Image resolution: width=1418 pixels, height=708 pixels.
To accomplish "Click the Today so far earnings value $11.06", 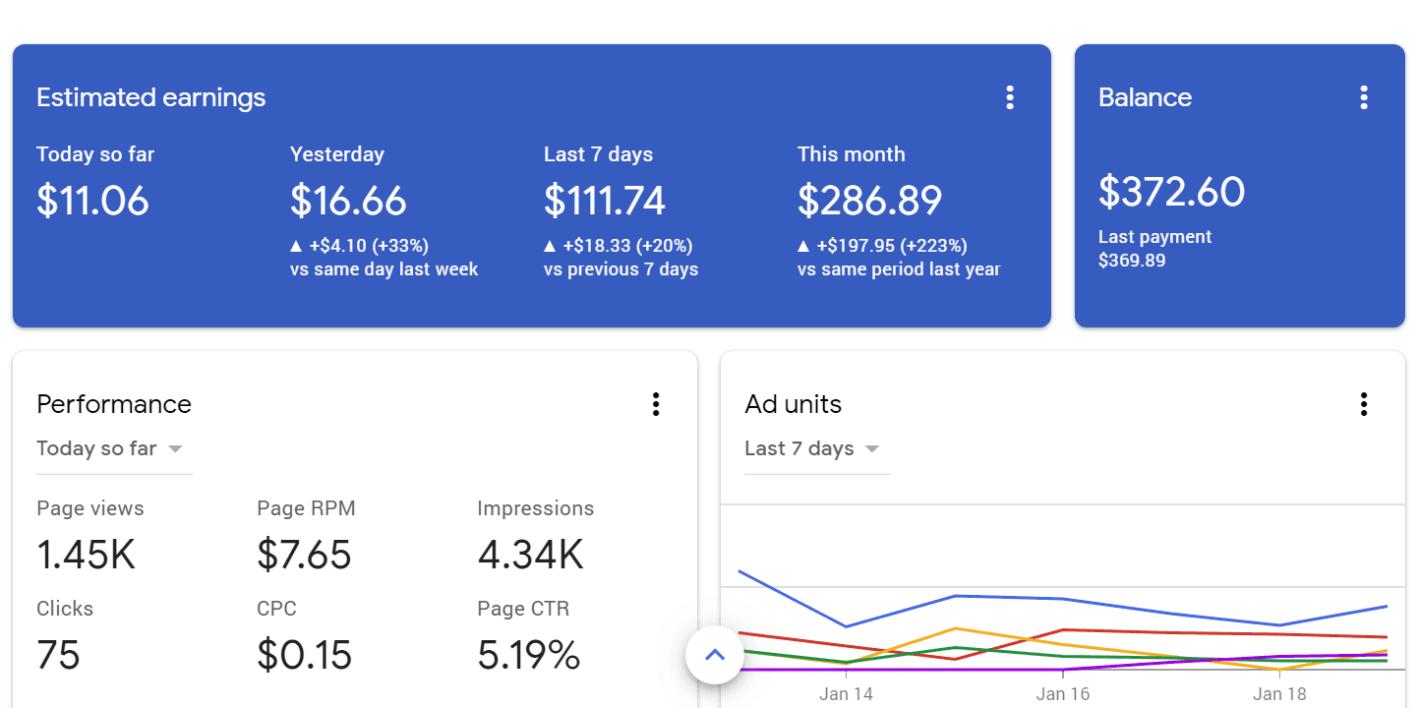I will pyautogui.click(x=92, y=201).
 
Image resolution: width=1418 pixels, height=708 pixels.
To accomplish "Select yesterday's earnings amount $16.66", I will pyautogui.click(x=348, y=201).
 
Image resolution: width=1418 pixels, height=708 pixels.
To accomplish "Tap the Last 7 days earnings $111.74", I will pyautogui.click(x=605, y=201).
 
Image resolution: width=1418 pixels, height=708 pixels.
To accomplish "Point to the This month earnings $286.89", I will pyautogui.click(x=869, y=201).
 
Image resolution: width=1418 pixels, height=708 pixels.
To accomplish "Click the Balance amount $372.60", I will pyautogui.click(x=1171, y=191).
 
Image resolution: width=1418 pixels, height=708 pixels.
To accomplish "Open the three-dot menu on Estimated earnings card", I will pyautogui.click(x=1009, y=97).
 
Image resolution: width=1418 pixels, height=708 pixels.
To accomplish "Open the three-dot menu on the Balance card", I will pyautogui.click(x=1363, y=97).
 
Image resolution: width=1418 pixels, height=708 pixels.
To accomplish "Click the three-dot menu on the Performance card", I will pyautogui.click(x=655, y=404).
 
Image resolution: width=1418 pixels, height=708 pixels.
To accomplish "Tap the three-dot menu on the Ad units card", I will pyautogui.click(x=1363, y=404).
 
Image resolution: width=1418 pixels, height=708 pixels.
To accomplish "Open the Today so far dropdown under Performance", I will pyautogui.click(x=110, y=449).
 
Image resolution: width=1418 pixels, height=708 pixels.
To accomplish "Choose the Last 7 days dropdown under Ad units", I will pyautogui.click(x=812, y=449).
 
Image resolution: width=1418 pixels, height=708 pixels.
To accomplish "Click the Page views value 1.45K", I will pyautogui.click(x=86, y=555).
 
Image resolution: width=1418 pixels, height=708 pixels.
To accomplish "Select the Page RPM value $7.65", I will pyautogui.click(x=304, y=555).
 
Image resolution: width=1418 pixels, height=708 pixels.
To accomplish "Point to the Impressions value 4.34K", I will pyautogui.click(x=530, y=555).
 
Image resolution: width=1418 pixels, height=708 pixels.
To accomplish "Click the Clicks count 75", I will pyautogui.click(x=58, y=655).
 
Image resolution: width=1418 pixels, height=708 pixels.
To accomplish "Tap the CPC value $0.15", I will pyautogui.click(x=304, y=655).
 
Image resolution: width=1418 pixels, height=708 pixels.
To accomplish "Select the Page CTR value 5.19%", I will pyautogui.click(x=528, y=655).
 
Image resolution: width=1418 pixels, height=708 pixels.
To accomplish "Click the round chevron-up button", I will pyautogui.click(x=715, y=654).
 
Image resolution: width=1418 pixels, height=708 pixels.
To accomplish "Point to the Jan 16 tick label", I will pyautogui.click(x=1063, y=694).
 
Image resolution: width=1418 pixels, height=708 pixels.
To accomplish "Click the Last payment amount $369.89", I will pyautogui.click(x=1131, y=261).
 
